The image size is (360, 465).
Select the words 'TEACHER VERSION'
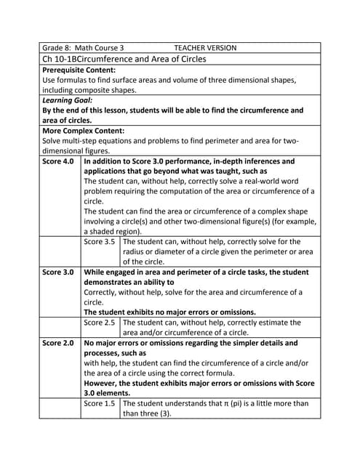205,47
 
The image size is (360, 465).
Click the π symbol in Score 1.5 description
228,403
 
